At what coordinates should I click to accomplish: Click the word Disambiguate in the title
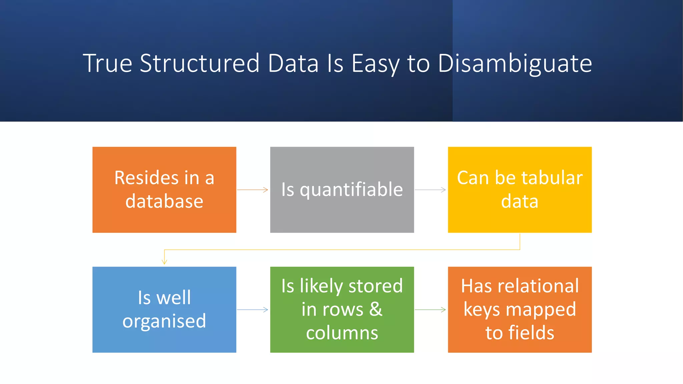[515, 63]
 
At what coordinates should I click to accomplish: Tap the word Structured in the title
[199, 63]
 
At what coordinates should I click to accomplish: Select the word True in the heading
[107, 63]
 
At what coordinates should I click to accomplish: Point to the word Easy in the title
[375, 63]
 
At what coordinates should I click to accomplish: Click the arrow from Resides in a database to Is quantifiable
[253, 190]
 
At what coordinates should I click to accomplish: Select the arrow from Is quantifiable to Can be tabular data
[430, 190]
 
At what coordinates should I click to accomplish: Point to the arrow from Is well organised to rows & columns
[253, 310]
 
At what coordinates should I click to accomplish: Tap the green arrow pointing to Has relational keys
[430, 310]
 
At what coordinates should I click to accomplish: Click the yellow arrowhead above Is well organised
[164, 262]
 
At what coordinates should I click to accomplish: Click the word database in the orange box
[164, 201]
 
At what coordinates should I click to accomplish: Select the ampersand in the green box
[376, 309]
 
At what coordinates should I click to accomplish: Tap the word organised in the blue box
[164, 321]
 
